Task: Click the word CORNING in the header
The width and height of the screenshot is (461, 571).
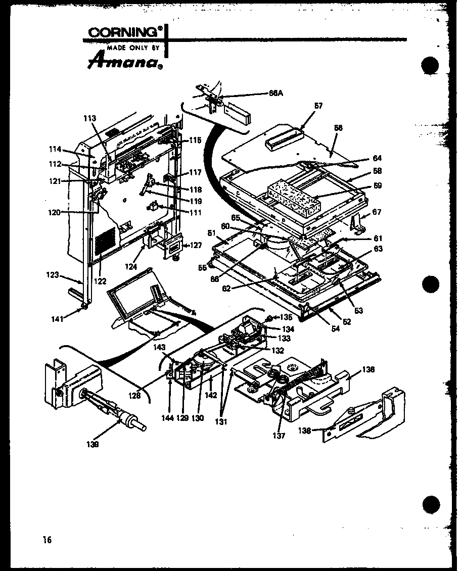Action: (122, 32)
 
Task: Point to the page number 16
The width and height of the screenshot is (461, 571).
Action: (47, 540)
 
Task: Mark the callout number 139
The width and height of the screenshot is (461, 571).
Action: (93, 444)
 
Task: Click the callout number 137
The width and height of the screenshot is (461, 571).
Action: (279, 436)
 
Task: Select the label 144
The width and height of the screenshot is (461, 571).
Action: (167, 418)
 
